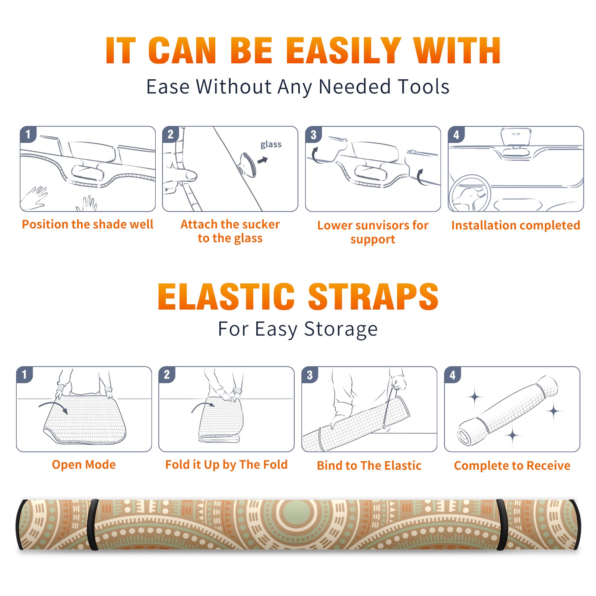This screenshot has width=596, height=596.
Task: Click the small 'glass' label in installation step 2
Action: point(271,145)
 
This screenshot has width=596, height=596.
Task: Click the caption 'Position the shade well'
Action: point(88,224)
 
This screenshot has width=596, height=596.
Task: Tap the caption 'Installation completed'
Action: point(516,225)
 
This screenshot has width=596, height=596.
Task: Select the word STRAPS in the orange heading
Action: point(373,297)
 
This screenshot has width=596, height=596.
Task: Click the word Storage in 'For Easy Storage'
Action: point(341,329)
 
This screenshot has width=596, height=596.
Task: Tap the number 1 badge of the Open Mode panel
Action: point(25,375)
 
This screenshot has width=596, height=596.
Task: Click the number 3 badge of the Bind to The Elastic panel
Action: point(310,375)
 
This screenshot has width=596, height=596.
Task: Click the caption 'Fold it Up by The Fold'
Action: point(226,465)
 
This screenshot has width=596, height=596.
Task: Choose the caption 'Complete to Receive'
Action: point(512,466)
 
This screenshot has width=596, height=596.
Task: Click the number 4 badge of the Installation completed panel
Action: point(456,134)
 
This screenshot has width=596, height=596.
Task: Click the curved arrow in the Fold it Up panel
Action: point(203,406)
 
